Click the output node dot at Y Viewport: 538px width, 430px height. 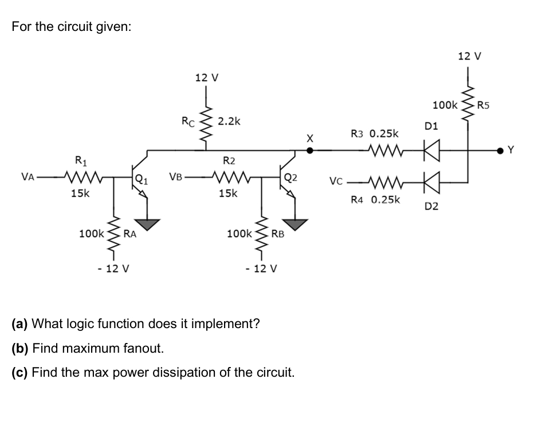tap(505, 151)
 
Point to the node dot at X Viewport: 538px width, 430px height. tap(310, 151)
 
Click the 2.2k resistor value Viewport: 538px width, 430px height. tap(229, 121)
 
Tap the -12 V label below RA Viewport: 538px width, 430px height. tap(112, 269)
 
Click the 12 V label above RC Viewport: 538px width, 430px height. tap(207, 77)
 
